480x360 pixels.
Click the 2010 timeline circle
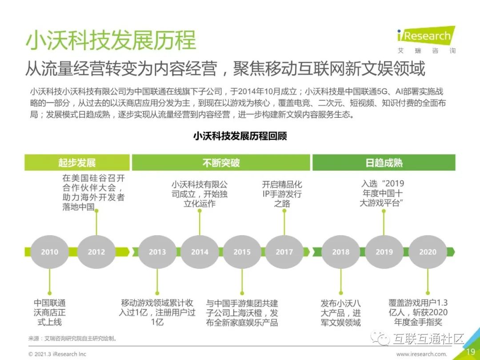49,252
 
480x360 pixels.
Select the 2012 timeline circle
96,252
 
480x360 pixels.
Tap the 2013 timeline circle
157,252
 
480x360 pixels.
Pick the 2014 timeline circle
200,252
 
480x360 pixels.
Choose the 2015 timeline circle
242,252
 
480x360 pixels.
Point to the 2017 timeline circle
284,252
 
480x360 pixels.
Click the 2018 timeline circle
341,252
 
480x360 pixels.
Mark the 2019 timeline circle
384,252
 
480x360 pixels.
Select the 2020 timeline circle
428,252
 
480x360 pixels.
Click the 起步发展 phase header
77,163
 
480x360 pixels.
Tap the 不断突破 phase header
221,163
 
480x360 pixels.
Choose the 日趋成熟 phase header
384,163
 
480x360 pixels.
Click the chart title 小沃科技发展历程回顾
240,136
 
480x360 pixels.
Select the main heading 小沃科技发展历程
111,40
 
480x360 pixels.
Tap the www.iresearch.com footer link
421,354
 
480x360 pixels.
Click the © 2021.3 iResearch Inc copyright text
57,354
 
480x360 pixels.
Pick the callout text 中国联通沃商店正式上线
50,312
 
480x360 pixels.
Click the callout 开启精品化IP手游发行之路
282,194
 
